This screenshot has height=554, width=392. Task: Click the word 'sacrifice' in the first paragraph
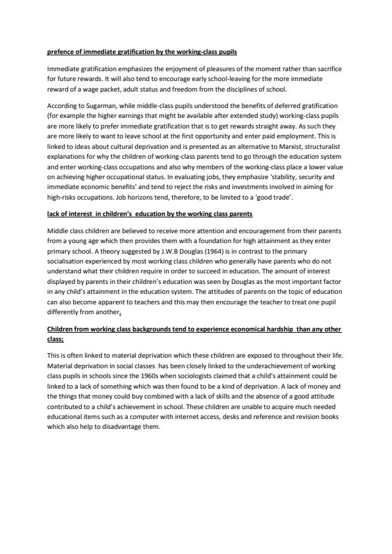click(x=324, y=69)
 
